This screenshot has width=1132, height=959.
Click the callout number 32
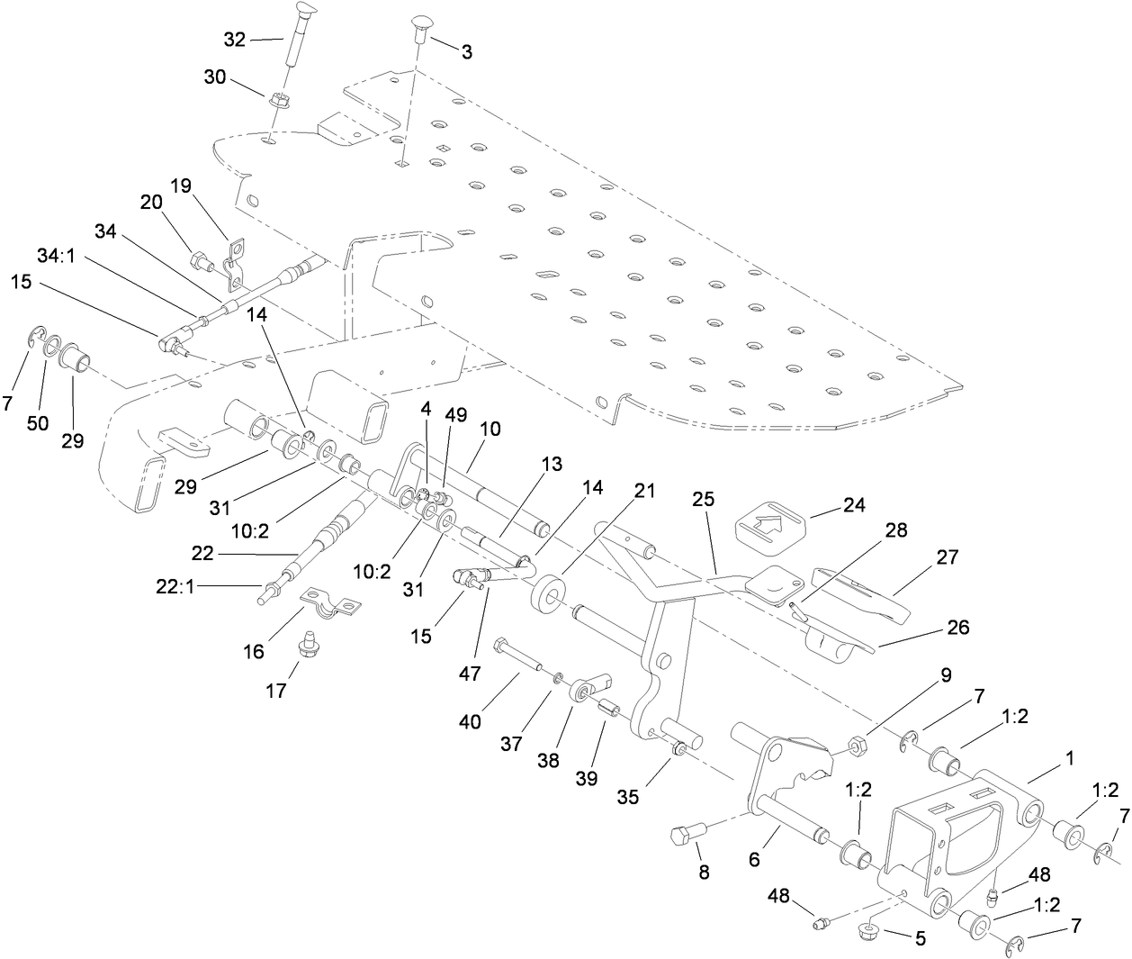(x=234, y=39)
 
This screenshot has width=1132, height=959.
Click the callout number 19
(x=181, y=186)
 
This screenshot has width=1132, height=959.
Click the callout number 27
(x=948, y=556)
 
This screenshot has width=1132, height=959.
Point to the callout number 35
(x=627, y=796)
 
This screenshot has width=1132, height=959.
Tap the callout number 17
(x=275, y=691)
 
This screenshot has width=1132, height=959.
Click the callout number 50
(x=38, y=423)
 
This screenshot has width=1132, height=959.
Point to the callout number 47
(x=470, y=673)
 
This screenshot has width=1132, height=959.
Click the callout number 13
(x=551, y=465)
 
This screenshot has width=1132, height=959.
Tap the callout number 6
(x=754, y=859)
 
